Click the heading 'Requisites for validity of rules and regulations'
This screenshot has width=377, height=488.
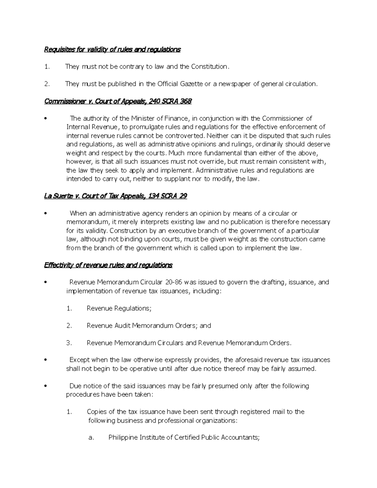tap(112, 49)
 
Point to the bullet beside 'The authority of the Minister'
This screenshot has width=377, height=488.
tap(46, 119)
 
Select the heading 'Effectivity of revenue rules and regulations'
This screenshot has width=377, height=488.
tap(108, 265)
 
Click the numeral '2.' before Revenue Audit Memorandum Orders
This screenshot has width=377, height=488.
tap(69, 326)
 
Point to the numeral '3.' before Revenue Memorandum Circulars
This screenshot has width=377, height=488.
tap(69, 343)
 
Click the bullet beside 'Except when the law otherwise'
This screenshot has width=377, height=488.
tap(46, 360)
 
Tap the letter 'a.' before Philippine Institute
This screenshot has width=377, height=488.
tap(91, 438)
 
